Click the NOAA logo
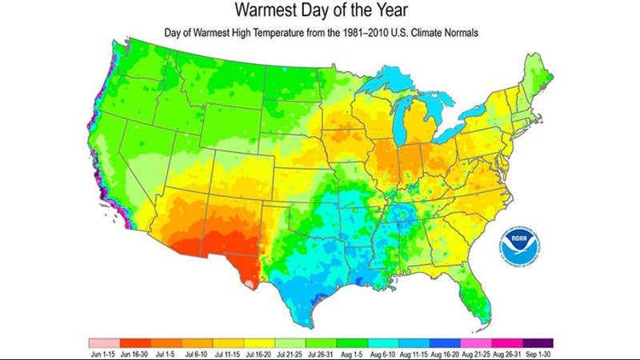pyautogui.click(x=521, y=244)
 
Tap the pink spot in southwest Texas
pyautogui.click(x=250, y=283)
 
